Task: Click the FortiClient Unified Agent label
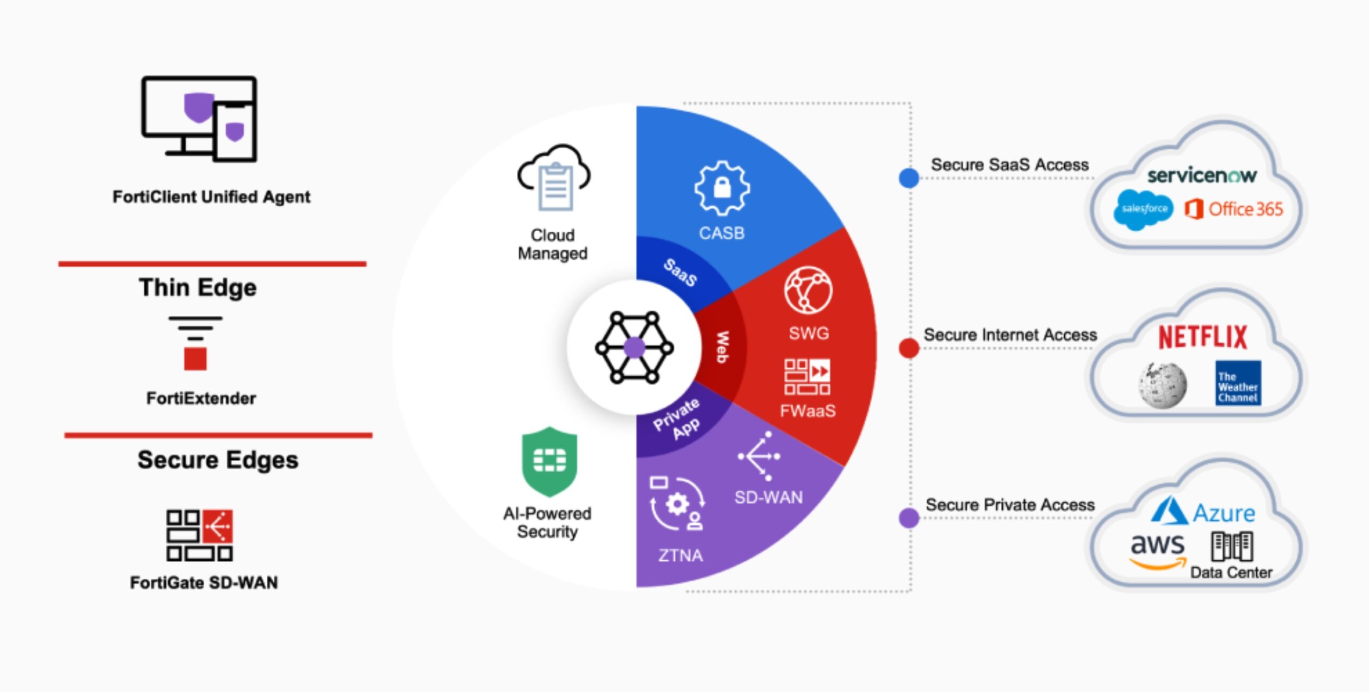[x=211, y=197]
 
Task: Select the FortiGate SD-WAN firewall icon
[x=199, y=535]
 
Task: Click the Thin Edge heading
[x=198, y=287]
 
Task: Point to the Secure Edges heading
[x=218, y=460]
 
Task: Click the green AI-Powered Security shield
[x=549, y=461]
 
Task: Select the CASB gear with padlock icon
[x=722, y=188]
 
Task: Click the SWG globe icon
[x=808, y=290]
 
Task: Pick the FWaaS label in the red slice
[x=807, y=411]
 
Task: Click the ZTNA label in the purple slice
[x=680, y=556]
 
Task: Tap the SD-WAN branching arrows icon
[x=759, y=456]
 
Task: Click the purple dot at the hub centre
[x=634, y=347]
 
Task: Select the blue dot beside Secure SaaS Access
[x=909, y=178]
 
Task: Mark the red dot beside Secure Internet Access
[x=909, y=348]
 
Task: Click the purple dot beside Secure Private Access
[x=909, y=518]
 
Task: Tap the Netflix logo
[x=1202, y=337]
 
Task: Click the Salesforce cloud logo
[x=1143, y=209]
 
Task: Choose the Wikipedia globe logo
[x=1162, y=385]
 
